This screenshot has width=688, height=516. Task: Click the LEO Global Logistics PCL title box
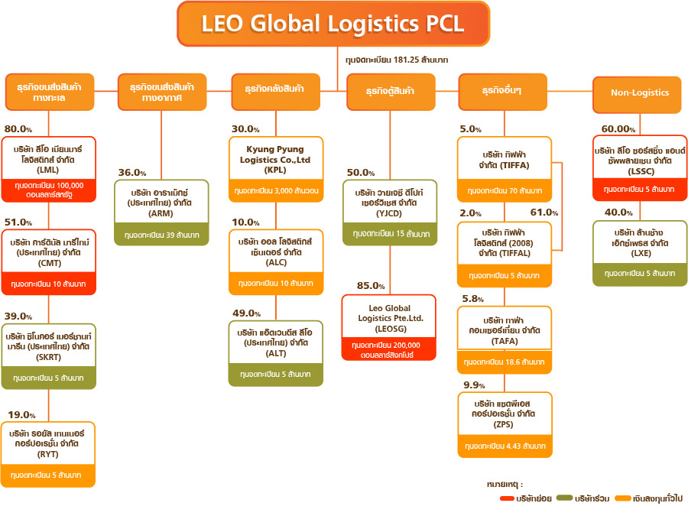point(333,23)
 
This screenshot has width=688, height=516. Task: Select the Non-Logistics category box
point(640,92)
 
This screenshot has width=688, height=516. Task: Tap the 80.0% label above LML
point(18,129)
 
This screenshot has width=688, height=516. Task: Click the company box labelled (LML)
point(48,169)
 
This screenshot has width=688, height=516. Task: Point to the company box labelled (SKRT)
point(48,356)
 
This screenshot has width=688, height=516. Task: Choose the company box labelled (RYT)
point(48,451)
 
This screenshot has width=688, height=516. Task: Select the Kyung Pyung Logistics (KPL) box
point(275,168)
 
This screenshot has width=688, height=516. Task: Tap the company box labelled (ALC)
point(275,261)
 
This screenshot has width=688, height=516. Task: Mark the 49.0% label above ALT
point(247,313)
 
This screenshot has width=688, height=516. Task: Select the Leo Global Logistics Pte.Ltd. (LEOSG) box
point(390,327)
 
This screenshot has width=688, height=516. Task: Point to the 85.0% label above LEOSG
point(371,286)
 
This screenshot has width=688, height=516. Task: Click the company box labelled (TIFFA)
point(505,169)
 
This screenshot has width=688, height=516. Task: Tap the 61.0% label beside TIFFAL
point(544,212)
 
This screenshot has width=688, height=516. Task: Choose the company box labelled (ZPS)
point(505,424)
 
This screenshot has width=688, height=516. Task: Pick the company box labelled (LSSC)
point(640,168)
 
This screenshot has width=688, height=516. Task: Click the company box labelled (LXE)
point(640,252)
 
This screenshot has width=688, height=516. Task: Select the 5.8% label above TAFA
point(474,298)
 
